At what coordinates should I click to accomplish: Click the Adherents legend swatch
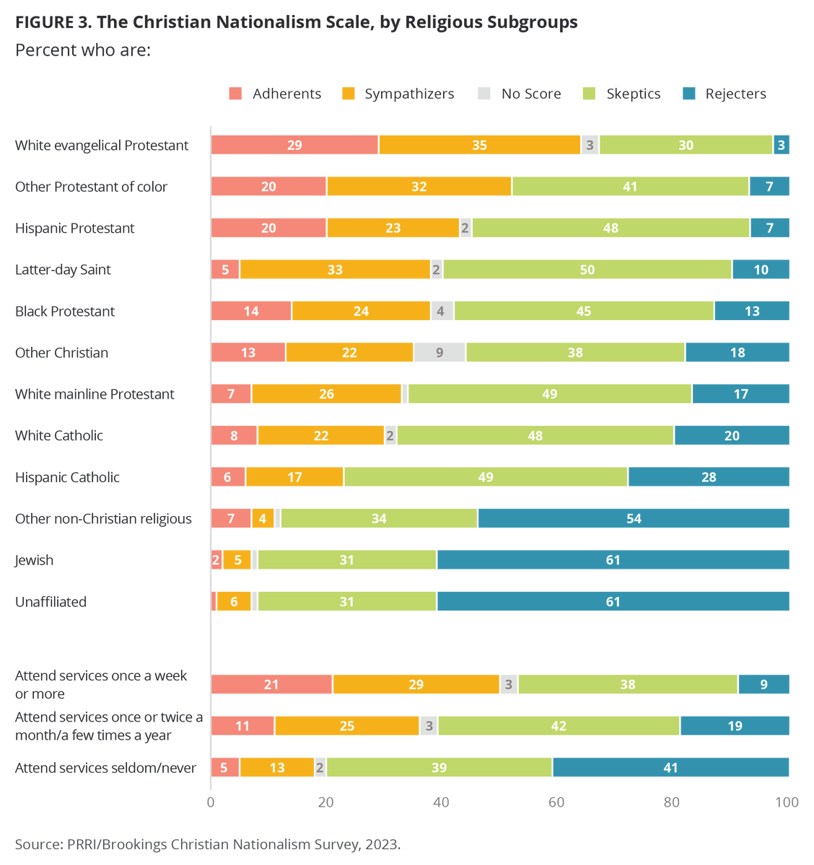(235, 94)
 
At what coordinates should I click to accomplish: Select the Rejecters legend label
(735, 94)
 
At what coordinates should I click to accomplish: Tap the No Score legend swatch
(483, 94)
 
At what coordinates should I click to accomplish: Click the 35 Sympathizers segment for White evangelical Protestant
(479, 145)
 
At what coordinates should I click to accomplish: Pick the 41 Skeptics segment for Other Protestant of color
(631, 187)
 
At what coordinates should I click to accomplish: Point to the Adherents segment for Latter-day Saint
(225, 269)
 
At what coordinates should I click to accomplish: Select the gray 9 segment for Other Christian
(439, 352)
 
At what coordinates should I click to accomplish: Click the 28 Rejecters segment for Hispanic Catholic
(709, 477)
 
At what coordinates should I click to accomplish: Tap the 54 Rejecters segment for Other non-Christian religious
(634, 518)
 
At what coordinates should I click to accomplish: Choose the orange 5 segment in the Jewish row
(237, 559)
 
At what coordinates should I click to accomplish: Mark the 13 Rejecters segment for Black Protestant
(752, 311)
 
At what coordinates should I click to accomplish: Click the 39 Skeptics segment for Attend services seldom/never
(439, 767)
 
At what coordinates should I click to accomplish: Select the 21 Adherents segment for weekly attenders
(271, 684)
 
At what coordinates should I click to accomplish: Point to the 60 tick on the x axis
(556, 802)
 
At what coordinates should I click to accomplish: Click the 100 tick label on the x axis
(787, 802)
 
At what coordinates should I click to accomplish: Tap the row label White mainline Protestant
(95, 394)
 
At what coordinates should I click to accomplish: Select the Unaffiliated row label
(51, 601)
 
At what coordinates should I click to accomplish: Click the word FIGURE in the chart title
(45, 22)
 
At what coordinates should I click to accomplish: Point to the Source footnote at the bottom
(208, 844)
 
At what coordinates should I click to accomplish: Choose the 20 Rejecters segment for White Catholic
(732, 435)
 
